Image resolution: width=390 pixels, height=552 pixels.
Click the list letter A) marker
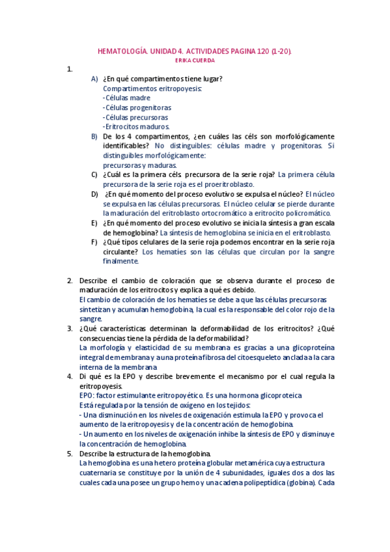[94, 79]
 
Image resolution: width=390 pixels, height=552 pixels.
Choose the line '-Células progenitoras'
[137, 107]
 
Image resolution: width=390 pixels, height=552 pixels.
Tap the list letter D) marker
[94, 193]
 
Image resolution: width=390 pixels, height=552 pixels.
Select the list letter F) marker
[94, 241]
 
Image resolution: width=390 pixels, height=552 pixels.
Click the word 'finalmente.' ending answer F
[121, 261]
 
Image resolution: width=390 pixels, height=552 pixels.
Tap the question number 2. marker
[70, 281]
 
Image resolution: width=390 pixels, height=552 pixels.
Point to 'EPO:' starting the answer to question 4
[86, 396]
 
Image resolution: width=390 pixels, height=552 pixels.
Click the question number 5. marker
[70, 453]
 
